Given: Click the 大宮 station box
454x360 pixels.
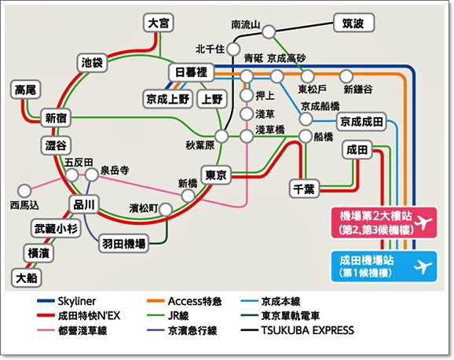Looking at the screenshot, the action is pos(159,23).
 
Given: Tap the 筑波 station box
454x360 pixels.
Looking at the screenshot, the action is pos(353,23).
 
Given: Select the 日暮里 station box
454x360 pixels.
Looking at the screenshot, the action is pos(191,72).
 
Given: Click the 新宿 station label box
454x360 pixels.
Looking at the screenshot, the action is pos(56,118).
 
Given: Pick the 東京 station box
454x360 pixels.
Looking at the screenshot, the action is pos(216,174).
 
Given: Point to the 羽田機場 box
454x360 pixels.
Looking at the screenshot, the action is pos(123,244).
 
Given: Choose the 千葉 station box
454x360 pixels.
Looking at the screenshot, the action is pos(304,189).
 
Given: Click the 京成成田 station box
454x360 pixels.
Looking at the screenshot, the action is pos(361,122).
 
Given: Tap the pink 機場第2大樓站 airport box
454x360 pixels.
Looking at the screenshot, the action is pos(383,222).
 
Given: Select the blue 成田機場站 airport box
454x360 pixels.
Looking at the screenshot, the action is pos(383,266).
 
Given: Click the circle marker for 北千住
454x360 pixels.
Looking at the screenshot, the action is pos(232,49).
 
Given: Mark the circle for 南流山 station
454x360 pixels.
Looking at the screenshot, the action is pos(269,31).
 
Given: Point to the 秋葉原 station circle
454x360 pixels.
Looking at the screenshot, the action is pos(222,136).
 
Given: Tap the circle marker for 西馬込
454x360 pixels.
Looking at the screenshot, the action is pos(24,191).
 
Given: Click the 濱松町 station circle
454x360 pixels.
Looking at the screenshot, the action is pos(166,209).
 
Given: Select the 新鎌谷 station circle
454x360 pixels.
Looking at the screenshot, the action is pos(346,76).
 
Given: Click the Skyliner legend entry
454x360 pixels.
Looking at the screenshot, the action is pos(67,301).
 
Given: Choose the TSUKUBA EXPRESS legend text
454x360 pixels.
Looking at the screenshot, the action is pos(307,330).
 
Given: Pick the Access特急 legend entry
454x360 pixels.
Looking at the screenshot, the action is pos(184,301).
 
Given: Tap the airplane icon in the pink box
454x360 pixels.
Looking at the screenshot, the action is pos(423,222).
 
